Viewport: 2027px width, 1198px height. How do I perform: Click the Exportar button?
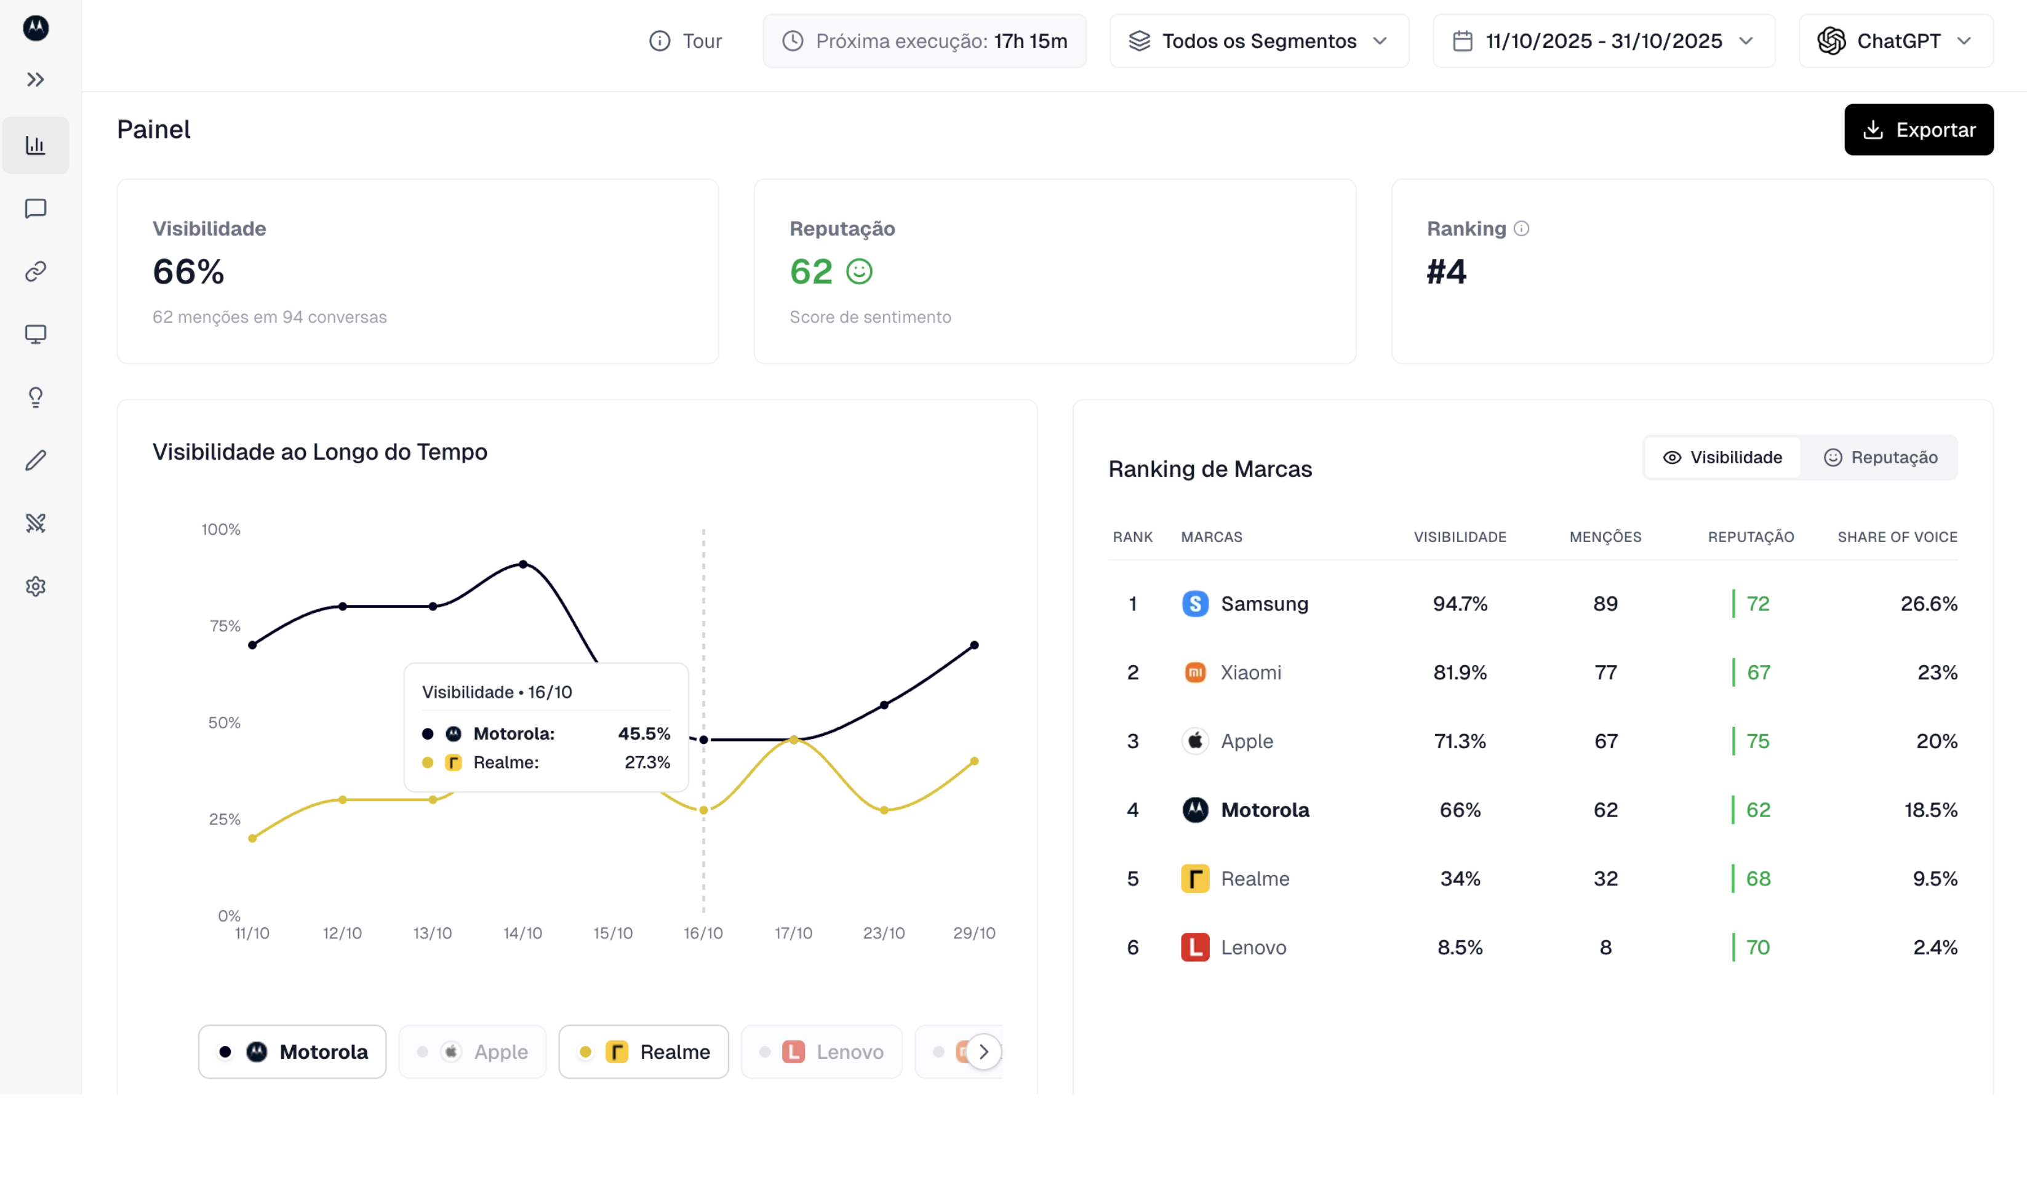pyautogui.click(x=1918, y=129)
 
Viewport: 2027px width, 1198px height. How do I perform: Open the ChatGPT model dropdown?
pyautogui.click(x=1895, y=41)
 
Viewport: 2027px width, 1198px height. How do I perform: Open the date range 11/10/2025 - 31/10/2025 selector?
pyautogui.click(x=1602, y=41)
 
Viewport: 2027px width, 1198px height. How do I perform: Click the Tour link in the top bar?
pyautogui.click(x=686, y=41)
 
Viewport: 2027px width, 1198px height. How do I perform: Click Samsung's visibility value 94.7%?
pyautogui.click(x=1460, y=604)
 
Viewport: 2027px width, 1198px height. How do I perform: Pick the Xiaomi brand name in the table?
pyautogui.click(x=1250, y=673)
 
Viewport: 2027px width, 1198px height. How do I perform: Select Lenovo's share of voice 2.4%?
pyautogui.click(x=1934, y=947)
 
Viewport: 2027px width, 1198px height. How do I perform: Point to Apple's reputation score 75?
pyautogui.click(x=1757, y=741)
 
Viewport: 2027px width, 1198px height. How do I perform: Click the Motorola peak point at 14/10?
pyautogui.click(x=523, y=564)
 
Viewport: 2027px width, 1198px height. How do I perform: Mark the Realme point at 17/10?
pyautogui.click(x=794, y=740)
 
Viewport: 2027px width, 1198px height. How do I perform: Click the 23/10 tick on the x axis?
pyautogui.click(x=883, y=933)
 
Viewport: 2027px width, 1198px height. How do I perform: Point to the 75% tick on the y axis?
pyautogui.click(x=225, y=626)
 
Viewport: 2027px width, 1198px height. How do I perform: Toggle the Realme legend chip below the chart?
pyautogui.click(x=644, y=1052)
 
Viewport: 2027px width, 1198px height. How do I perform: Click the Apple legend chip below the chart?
pyautogui.click(x=472, y=1052)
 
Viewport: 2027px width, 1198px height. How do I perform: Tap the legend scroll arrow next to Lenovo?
pyautogui.click(x=983, y=1052)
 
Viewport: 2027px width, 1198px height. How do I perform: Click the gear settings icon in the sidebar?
pyautogui.click(x=36, y=586)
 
